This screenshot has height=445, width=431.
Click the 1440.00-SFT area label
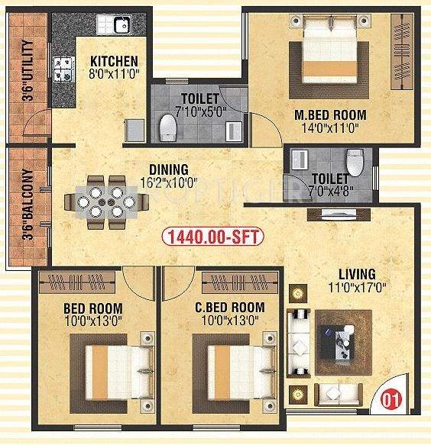click(213, 238)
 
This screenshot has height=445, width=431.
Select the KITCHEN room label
click(114, 62)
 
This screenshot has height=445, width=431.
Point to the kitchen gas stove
click(61, 69)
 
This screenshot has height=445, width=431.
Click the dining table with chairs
click(101, 202)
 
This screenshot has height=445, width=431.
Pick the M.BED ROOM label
click(330, 115)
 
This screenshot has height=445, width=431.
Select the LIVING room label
click(357, 274)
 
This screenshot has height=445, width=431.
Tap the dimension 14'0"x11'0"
click(331, 129)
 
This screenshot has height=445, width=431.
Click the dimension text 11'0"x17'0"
click(357, 289)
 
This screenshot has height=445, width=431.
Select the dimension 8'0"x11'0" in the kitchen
click(114, 76)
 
